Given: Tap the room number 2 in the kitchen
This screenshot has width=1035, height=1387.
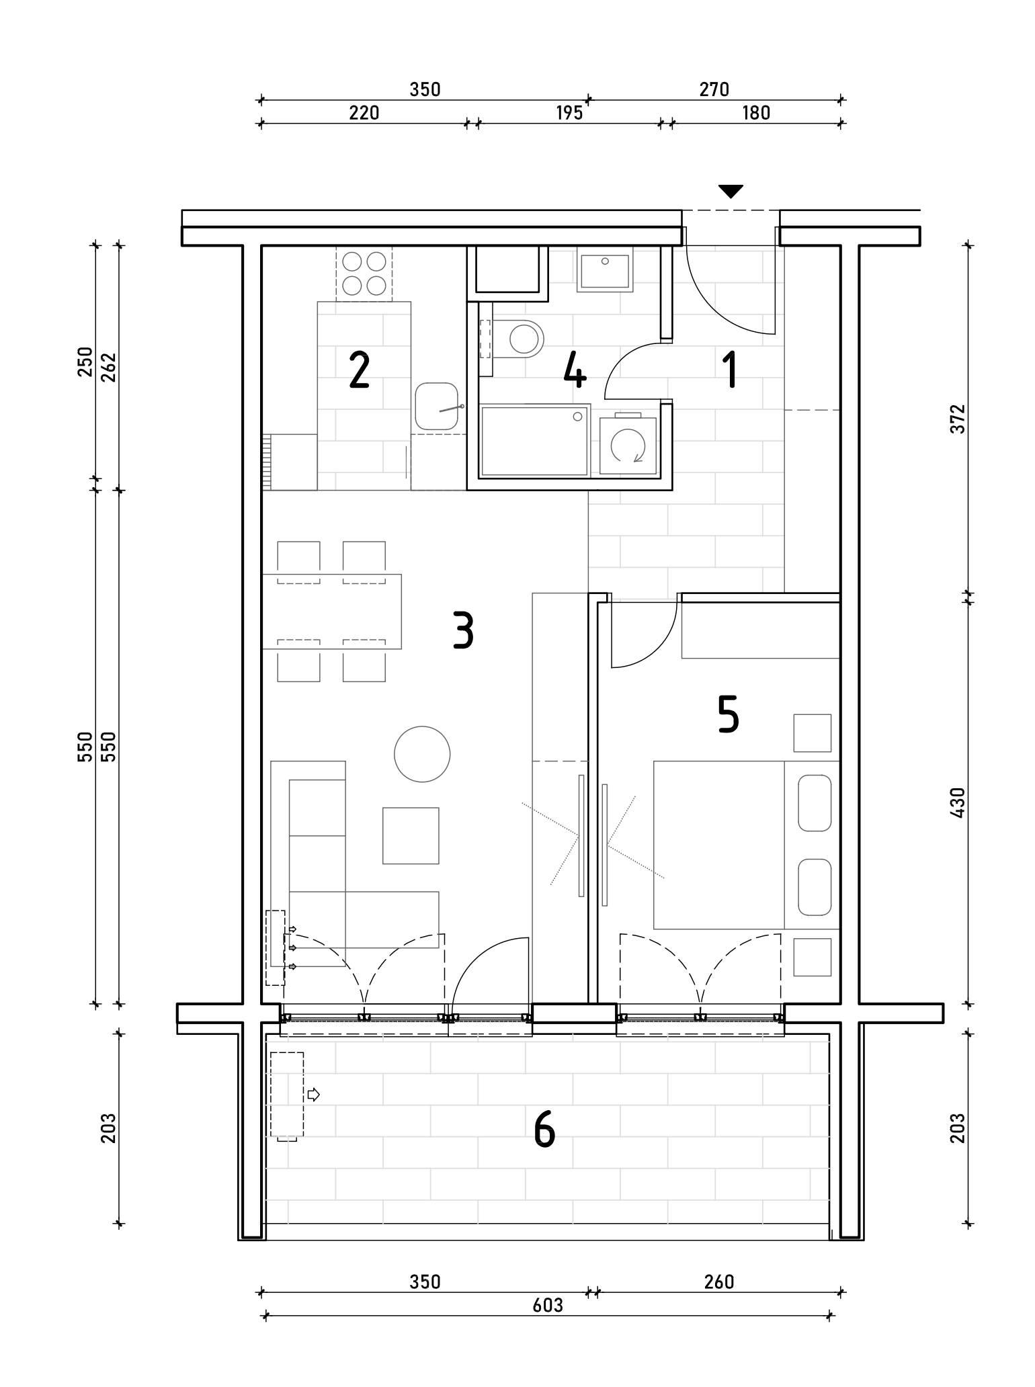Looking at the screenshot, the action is pyautogui.click(x=360, y=372).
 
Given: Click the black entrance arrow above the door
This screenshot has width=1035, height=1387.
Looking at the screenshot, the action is pyautogui.click(x=731, y=192).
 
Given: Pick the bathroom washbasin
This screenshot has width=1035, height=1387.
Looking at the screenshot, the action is pyautogui.click(x=605, y=269).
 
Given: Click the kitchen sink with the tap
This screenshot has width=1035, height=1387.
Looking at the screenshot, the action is pyautogui.click(x=438, y=407).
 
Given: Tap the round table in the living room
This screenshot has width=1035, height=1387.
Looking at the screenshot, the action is pyautogui.click(x=422, y=754).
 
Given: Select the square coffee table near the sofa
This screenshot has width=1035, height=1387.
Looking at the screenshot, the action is pyautogui.click(x=411, y=835).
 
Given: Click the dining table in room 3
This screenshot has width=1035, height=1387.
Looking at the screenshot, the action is pyautogui.click(x=331, y=612).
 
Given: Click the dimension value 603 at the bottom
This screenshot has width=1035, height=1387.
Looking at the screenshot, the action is pyautogui.click(x=548, y=1305).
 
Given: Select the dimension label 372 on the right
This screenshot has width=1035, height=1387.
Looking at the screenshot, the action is pyautogui.click(x=958, y=419).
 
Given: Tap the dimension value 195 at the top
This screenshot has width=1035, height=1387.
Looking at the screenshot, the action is pyautogui.click(x=569, y=113).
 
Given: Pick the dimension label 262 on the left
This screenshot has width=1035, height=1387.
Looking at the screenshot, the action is pyautogui.click(x=109, y=367).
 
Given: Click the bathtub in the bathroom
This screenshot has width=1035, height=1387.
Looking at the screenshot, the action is pyautogui.click(x=535, y=440).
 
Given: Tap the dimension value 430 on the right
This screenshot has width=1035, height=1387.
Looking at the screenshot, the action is pyautogui.click(x=958, y=802).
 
